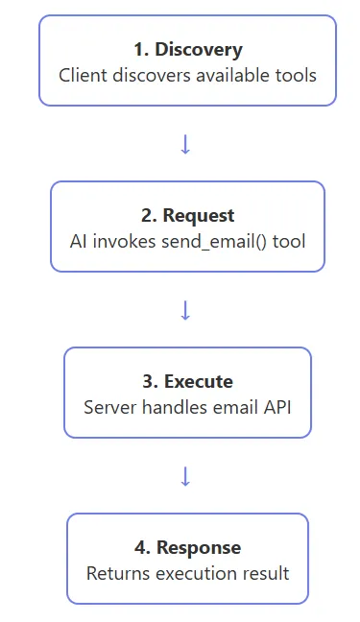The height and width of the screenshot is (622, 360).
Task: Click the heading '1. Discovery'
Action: click(187, 49)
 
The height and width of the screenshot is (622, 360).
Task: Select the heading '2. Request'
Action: click(187, 215)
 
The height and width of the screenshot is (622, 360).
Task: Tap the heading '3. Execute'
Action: click(187, 381)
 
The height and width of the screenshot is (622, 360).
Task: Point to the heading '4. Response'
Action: click(187, 547)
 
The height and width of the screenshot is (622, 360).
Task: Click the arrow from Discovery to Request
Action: click(186, 144)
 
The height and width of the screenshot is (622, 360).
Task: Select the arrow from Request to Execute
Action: click(186, 310)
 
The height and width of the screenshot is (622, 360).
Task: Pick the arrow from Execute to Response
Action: click(186, 476)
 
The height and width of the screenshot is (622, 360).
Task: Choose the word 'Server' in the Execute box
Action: click(110, 406)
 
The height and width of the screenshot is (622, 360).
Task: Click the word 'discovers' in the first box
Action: click(154, 74)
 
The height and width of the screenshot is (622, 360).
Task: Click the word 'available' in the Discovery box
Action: click(235, 74)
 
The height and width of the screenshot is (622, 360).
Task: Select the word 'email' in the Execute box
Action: click(231, 406)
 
